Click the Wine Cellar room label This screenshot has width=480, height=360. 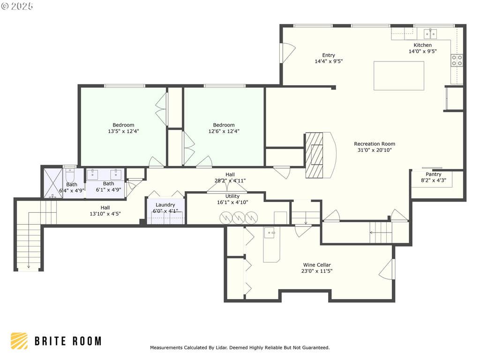[x=317, y=265]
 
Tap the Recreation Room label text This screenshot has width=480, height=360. [x=375, y=144]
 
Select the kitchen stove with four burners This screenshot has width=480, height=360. [x=457, y=60]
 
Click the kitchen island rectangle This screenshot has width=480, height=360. [x=398, y=75]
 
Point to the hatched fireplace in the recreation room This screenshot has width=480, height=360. [x=314, y=155]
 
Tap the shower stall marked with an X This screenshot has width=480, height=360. [x=53, y=183]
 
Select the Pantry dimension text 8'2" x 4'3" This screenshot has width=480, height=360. [x=434, y=180]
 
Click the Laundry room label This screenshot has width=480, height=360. [x=165, y=205]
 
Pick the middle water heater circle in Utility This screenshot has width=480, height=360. [x=239, y=217]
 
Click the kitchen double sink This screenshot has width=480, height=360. [x=430, y=34]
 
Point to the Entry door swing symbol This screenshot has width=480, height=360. [x=288, y=52]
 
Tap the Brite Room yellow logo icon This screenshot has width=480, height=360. [x=19, y=341]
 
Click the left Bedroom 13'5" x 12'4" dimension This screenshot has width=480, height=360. [x=123, y=131]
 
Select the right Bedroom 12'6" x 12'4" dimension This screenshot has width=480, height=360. [x=224, y=131]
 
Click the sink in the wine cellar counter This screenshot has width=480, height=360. [x=270, y=233]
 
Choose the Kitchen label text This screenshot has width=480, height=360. [x=422, y=45]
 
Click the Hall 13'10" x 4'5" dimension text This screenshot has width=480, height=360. [x=105, y=214]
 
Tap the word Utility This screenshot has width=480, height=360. [x=232, y=196]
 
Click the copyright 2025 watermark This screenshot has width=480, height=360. [x=17, y=6]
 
